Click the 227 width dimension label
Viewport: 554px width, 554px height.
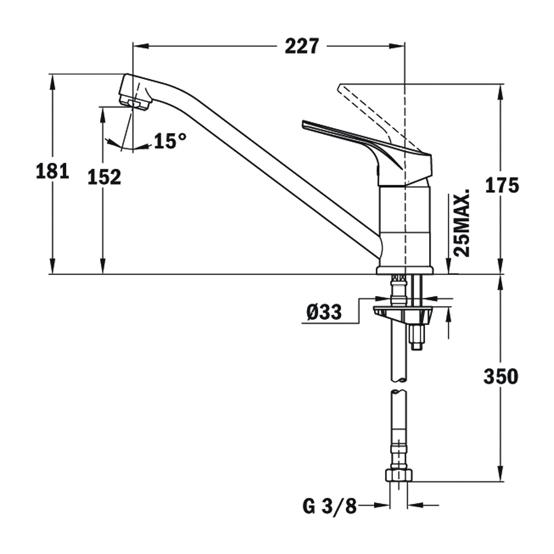302,46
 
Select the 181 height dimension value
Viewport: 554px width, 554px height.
53,171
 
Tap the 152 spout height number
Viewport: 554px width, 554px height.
104,177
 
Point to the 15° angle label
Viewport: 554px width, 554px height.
170,141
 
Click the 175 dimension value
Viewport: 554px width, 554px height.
502,186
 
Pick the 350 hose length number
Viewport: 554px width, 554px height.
501,376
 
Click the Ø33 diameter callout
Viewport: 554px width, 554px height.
324,312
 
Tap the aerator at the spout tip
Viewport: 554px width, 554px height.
134,103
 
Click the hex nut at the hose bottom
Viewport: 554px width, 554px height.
399,475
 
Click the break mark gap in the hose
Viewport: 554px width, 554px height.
399,386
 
